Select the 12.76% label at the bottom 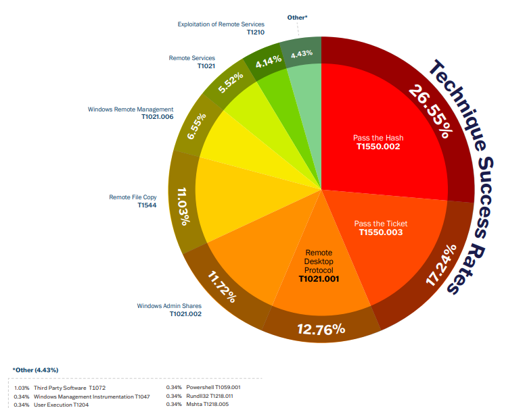(x=321, y=330)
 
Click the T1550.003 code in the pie (x=380, y=232)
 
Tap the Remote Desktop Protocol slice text (x=319, y=261)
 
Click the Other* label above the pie (x=298, y=16)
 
